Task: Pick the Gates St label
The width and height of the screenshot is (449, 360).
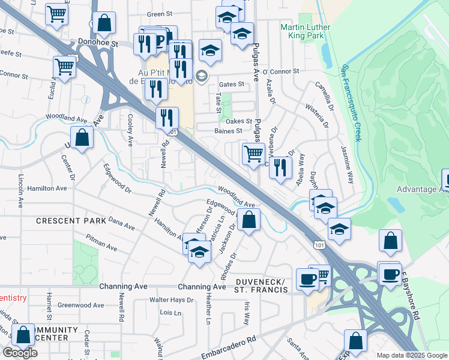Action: click(x=232, y=85)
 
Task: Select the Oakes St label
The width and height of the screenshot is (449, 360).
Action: click(x=239, y=121)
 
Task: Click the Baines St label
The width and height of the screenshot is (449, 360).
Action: click(x=228, y=130)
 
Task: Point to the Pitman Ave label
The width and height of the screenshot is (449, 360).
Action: click(x=101, y=245)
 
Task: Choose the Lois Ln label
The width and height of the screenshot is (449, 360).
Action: click(x=170, y=313)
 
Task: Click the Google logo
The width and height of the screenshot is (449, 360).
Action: click(x=20, y=353)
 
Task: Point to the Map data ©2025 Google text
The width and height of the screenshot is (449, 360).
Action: click(x=412, y=355)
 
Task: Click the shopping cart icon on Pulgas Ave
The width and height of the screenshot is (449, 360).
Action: click(x=253, y=154)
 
